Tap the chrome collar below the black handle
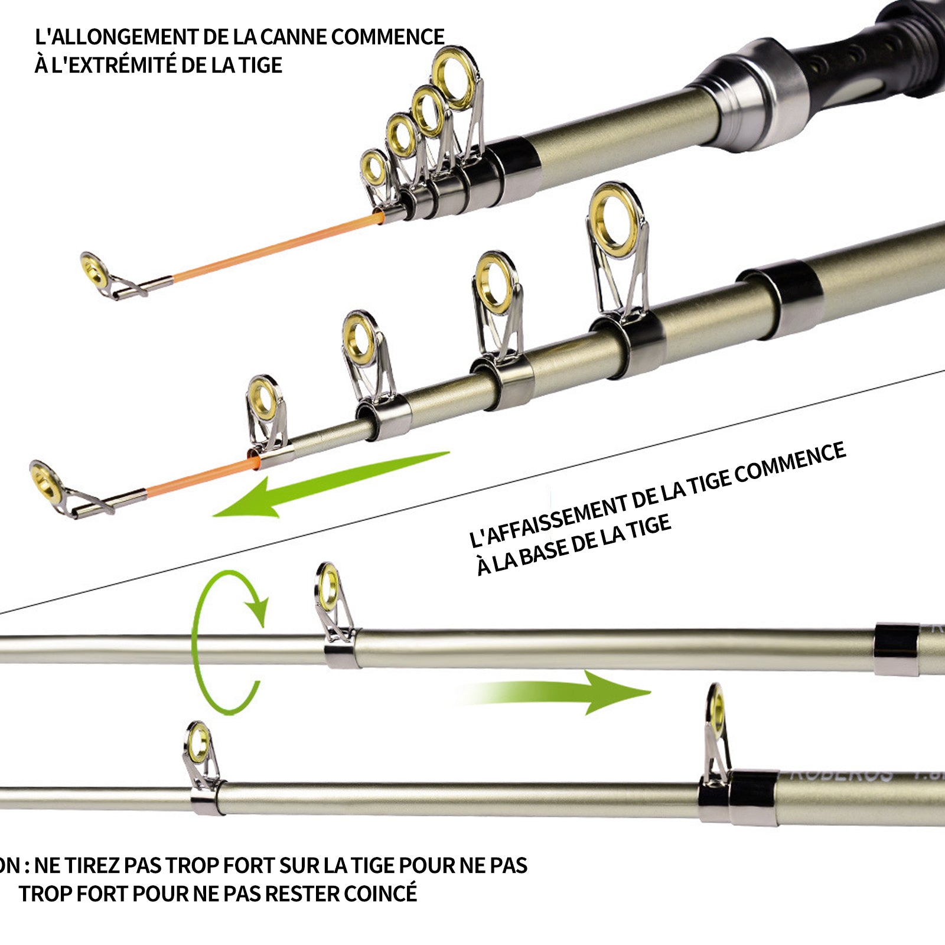coord(750,94)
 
